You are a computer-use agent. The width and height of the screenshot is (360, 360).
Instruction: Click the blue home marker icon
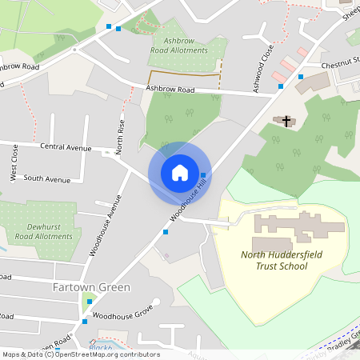[180, 173]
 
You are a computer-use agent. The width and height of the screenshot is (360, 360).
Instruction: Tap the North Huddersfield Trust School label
[274, 260]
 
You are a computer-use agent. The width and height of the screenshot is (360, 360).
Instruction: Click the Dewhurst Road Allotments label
[45, 231]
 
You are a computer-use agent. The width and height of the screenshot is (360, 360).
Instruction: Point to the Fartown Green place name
[91, 286]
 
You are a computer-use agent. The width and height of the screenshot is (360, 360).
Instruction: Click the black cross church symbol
[286, 121]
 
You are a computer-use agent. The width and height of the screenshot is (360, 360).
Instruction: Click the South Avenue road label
[48, 178]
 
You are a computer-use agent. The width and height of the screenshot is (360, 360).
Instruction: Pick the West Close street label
[14, 163]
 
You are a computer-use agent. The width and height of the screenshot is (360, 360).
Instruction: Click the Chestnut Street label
[340, 64]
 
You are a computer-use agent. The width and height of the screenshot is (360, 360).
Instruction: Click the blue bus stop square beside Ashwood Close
[301, 77]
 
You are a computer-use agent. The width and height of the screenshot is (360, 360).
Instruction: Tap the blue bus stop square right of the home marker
[204, 174]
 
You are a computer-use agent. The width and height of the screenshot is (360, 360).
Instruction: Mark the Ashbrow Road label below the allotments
[170, 90]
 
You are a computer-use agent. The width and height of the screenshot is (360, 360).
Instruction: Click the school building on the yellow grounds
[296, 232]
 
